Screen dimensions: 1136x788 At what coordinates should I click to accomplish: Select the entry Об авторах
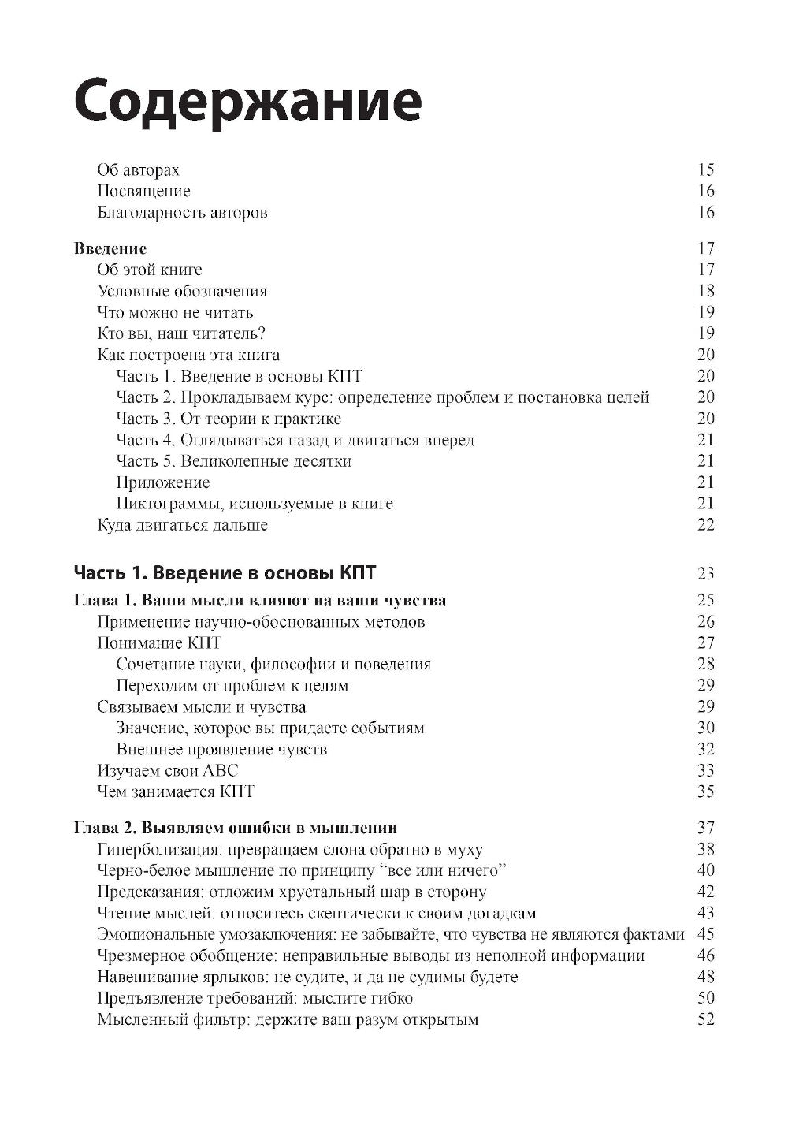pyautogui.click(x=138, y=170)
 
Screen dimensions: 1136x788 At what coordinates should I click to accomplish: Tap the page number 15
pyautogui.click(x=705, y=170)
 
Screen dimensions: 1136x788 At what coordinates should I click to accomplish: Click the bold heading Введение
pyautogui.click(x=110, y=249)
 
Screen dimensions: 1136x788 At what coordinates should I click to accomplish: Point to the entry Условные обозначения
pyautogui.click(x=182, y=292)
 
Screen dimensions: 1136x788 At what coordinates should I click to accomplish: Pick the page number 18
pyautogui.click(x=705, y=292)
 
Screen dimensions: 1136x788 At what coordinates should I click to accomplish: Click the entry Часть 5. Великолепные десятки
pyautogui.click(x=233, y=461)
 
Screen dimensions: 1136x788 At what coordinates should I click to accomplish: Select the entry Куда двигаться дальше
pyautogui.click(x=182, y=525)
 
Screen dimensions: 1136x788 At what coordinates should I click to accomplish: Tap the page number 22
pyautogui.click(x=705, y=525)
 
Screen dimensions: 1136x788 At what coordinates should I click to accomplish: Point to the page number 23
pyautogui.click(x=705, y=573)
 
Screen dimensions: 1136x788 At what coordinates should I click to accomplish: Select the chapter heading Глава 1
pyautogui.click(x=106, y=601)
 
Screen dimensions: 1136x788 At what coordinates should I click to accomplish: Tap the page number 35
pyautogui.click(x=705, y=791)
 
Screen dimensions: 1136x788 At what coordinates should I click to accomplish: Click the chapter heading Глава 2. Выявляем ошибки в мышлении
pyautogui.click(x=235, y=829)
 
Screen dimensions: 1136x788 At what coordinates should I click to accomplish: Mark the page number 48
pyautogui.click(x=705, y=978)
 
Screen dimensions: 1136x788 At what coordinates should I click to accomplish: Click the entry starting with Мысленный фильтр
pyautogui.click(x=288, y=1020)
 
